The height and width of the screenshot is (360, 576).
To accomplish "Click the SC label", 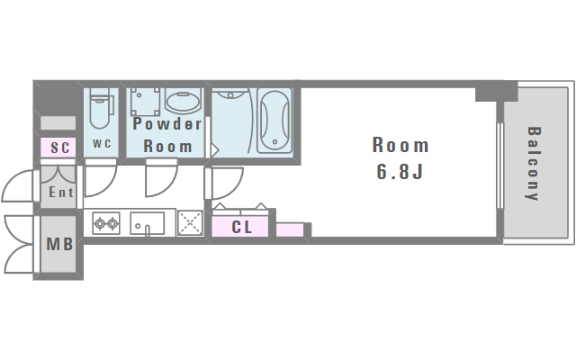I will (60, 148).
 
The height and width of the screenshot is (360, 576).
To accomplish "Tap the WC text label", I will (101, 144).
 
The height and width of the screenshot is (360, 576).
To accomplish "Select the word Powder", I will (167, 124).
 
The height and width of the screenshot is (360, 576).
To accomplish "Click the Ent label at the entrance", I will (60, 192).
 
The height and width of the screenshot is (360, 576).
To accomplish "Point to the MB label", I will (59, 244).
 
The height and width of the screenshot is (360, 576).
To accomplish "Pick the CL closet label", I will (242, 228).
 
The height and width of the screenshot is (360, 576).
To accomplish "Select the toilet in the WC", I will (100, 110).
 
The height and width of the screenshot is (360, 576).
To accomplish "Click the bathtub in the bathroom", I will (274, 121).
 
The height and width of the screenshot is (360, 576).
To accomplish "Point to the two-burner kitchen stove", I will (106, 222).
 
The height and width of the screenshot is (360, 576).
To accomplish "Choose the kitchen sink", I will (147, 222).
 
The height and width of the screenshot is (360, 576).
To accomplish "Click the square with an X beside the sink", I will (189, 222).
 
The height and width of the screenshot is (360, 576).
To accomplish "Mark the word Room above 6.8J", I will (400, 145).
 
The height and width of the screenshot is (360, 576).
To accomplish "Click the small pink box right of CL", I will (289, 230).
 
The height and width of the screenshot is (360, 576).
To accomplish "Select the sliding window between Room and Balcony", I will (499, 163).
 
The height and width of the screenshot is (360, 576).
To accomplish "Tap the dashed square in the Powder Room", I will (145, 101).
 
